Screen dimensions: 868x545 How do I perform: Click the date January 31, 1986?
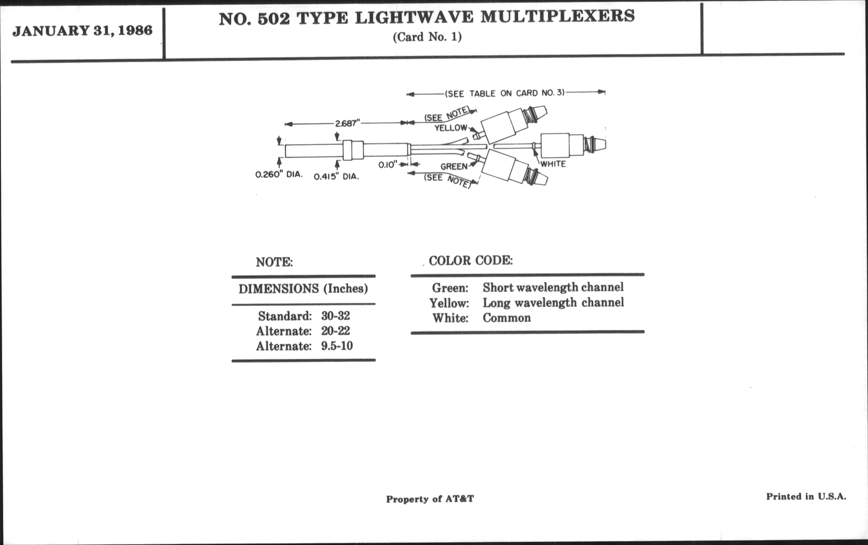(82, 31)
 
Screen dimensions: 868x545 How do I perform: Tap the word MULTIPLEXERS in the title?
(557, 16)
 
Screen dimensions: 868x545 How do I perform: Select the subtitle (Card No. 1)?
(427, 37)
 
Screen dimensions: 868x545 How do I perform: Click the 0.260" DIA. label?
(279, 175)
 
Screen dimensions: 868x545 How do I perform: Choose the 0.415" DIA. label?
(336, 177)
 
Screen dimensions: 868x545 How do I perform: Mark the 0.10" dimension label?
(388, 165)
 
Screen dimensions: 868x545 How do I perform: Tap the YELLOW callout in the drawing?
(451, 128)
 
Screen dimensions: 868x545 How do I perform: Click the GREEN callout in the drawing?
(454, 166)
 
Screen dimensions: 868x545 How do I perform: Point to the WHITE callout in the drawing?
(553, 164)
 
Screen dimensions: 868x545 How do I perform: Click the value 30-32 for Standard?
(336, 316)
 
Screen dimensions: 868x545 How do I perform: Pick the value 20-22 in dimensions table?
(336, 331)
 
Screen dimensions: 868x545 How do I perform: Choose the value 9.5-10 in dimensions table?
(337, 346)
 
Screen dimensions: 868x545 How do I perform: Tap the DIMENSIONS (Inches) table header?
(303, 289)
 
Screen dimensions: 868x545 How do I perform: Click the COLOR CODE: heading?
(471, 260)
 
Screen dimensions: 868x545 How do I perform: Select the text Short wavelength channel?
(553, 287)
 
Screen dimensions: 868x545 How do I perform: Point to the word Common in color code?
(507, 318)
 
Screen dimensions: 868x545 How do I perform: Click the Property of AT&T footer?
(430, 499)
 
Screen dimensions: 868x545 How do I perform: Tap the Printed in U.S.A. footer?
(806, 497)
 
